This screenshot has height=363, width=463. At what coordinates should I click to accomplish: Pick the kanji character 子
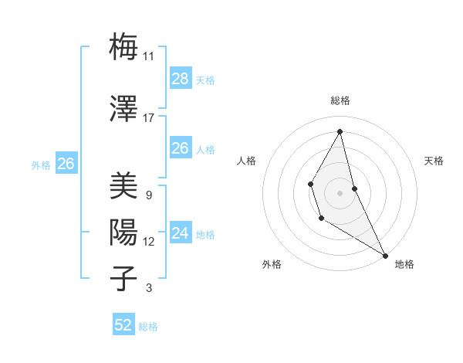click(x=124, y=278)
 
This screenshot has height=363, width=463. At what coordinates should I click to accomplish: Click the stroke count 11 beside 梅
click(x=148, y=56)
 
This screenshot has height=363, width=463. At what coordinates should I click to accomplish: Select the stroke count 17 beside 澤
click(x=148, y=118)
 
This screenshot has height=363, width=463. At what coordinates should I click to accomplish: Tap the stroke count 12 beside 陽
click(x=148, y=242)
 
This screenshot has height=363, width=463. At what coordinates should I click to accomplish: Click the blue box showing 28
click(x=180, y=78)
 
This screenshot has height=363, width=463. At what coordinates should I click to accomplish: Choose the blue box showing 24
click(x=180, y=232)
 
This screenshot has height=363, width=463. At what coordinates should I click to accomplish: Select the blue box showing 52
click(x=123, y=325)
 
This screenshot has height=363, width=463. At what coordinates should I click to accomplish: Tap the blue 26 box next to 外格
click(x=66, y=163)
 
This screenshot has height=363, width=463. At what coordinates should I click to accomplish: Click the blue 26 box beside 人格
click(x=180, y=148)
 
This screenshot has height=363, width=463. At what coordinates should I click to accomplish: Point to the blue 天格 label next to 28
click(x=205, y=80)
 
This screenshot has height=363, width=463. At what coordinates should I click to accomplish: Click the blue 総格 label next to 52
click(x=148, y=327)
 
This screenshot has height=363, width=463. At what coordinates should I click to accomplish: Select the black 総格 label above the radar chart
click(x=340, y=100)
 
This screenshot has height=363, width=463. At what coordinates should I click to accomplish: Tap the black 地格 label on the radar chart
click(x=404, y=264)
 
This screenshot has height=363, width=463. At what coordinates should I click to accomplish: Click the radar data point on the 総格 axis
click(x=340, y=131)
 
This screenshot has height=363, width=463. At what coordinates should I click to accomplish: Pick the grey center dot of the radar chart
click(x=340, y=192)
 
